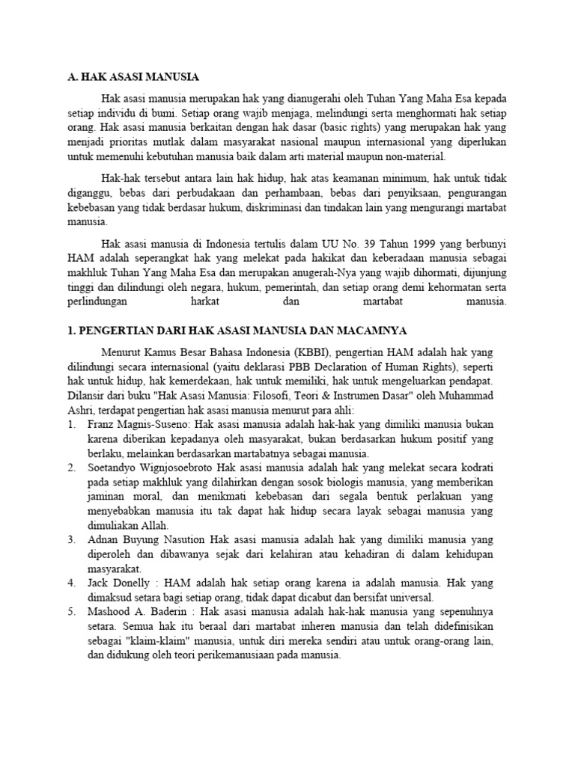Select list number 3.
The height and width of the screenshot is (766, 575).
(x=71, y=539)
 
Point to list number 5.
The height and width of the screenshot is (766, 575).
(x=71, y=610)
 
